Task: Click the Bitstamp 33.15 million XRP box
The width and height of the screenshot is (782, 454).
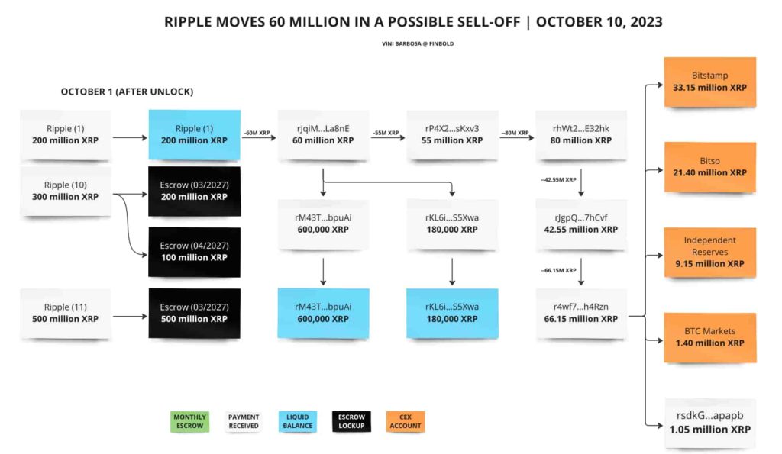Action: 709,82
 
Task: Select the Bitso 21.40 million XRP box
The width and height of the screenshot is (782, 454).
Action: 709,167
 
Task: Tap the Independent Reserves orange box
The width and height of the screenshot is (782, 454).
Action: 709,252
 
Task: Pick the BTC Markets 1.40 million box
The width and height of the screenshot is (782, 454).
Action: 709,337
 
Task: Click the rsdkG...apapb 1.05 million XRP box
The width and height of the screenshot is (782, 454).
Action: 709,423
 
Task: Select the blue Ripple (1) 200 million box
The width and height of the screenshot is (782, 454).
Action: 194,134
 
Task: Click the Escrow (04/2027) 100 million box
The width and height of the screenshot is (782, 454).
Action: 194,252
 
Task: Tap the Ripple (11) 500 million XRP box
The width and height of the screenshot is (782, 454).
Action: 66,313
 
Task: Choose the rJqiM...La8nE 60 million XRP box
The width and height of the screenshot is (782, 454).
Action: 323,134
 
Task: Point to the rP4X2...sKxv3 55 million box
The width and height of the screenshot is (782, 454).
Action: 452,134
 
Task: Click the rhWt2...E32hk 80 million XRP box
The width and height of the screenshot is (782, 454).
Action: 581,134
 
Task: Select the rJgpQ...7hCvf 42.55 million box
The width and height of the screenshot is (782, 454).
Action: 581,224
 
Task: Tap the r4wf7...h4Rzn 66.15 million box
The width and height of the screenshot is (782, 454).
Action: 581,313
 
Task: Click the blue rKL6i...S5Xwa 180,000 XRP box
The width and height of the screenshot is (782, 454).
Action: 452,313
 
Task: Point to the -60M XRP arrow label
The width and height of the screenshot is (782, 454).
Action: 257,133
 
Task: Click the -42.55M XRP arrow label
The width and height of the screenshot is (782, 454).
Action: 558,179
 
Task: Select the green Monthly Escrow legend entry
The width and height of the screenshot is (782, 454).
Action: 189,421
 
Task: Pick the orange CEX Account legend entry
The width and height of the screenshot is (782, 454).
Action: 406,421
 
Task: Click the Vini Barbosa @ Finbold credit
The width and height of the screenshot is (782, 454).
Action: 418,43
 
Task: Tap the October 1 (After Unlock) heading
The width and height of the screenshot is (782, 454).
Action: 128,92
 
